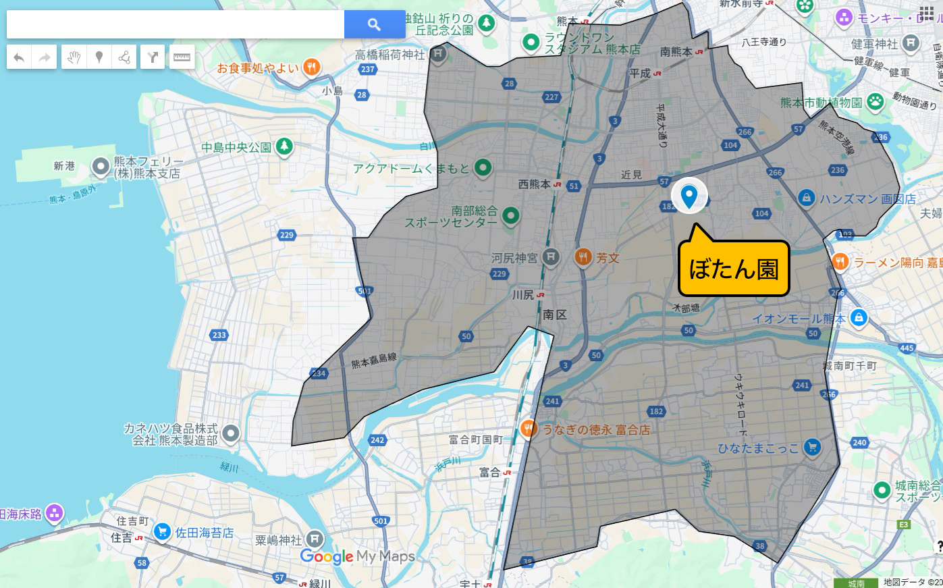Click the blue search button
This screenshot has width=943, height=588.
374,24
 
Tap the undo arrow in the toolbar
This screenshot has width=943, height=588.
19,57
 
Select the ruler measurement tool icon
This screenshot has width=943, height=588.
182,57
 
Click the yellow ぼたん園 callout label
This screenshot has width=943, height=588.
734,269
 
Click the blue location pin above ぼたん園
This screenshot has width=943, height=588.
689,196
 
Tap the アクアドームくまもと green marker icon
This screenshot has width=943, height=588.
483,167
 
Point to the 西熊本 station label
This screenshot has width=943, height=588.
534,184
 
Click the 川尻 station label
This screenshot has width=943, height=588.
523,295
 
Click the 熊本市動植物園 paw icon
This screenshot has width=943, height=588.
875,102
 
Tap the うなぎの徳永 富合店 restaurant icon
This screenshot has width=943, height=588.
529,428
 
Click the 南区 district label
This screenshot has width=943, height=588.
555,315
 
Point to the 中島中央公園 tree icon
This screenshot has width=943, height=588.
284,146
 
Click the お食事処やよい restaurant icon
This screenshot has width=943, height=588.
311,67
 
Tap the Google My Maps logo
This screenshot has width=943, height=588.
357,556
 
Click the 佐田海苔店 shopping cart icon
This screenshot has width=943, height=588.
161,532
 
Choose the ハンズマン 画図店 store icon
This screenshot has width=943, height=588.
805,198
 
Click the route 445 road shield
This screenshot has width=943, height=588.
907,348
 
